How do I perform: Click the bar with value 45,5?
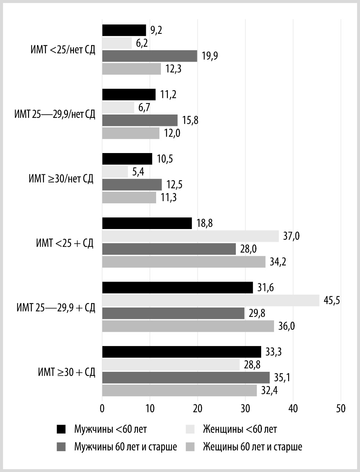210,300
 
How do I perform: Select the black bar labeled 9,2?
124,30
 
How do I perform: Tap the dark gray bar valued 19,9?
150,56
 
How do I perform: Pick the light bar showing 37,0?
190,236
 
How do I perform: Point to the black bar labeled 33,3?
181,352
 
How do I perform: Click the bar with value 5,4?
115,172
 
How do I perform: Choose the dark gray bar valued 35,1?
186,377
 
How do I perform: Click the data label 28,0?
249,249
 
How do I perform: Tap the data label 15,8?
190,120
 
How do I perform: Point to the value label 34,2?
278,262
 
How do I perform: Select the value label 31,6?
266,288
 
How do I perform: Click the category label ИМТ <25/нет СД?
63,50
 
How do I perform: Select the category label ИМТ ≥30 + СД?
66,372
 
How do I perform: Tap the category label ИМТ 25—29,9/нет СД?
55,114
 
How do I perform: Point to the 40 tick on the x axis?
293,408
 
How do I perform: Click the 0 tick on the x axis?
102,408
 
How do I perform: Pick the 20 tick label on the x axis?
198,408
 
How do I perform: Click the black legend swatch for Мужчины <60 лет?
61,429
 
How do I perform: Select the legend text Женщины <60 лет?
240,429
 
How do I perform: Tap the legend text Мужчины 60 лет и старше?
126,447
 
